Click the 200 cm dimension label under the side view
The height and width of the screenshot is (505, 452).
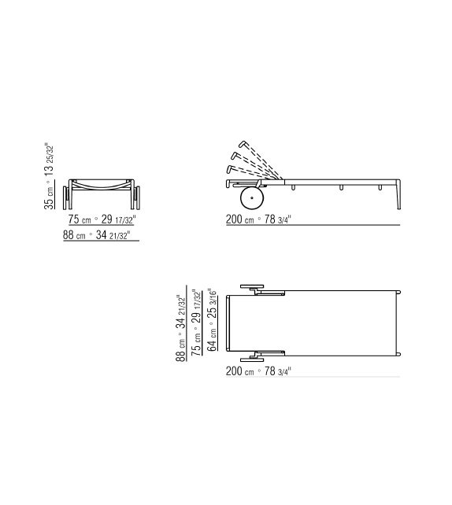pos(261,219)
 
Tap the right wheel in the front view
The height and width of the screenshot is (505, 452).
pos(137,193)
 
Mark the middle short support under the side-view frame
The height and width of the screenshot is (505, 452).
pos(342,186)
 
